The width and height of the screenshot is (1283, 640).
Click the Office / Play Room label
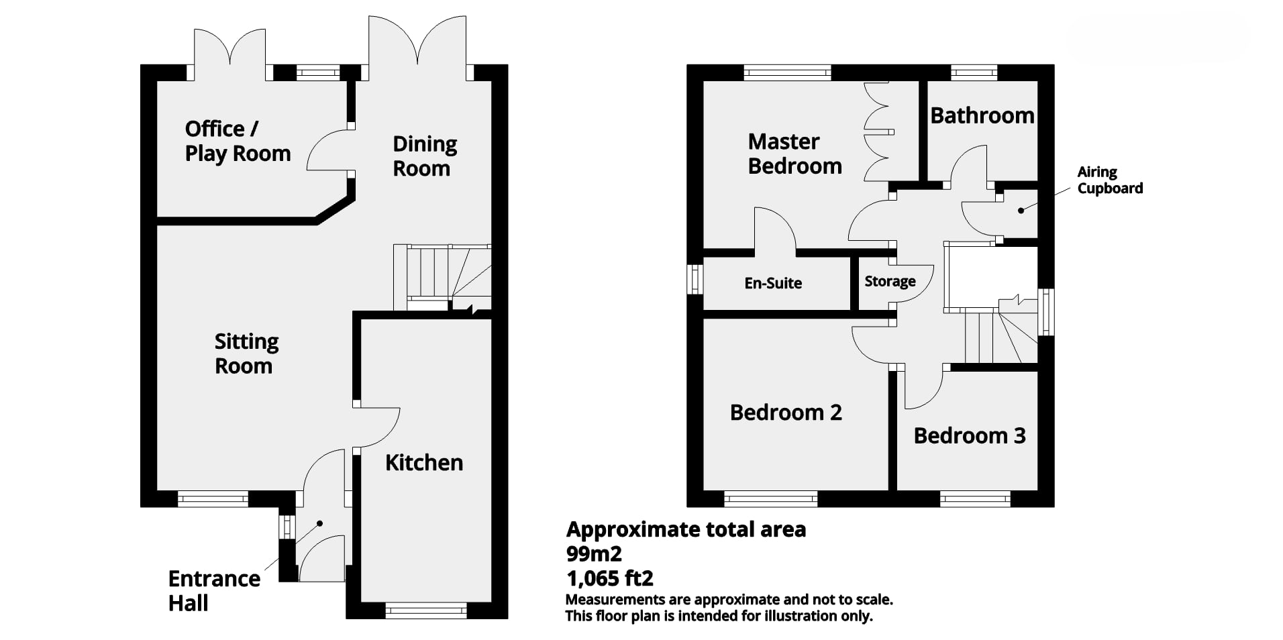tap(238, 141)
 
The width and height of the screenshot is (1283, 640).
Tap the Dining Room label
tap(424, 156)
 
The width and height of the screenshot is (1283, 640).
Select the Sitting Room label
tap(246, 354)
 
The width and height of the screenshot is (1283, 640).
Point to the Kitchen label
tap(424, 462)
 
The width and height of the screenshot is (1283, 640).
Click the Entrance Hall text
tap(214, 590)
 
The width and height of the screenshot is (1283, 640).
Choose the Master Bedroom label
tap(794, 154)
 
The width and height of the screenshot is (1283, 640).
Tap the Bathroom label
tap(982, 115)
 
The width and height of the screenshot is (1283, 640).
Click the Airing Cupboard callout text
tap(1110, 180)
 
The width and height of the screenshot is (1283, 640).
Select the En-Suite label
tap(773, 283)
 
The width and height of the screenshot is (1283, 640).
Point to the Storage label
tap(890, 281)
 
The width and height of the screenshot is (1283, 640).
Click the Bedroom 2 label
tap(786, 412)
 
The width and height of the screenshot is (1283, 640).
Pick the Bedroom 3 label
tap(970, 435)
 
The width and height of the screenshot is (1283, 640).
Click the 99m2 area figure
tap(594, 554)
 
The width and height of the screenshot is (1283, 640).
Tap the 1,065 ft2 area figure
tap(610, 578)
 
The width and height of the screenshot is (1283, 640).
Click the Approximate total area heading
tap(686, 530)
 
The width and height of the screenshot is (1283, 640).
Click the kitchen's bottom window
tap(426, 610)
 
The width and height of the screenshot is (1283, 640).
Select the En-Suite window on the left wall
tap(695, 279)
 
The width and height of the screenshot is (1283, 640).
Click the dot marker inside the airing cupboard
tap(1021, 211)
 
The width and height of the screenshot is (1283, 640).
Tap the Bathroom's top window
tap(974, 72)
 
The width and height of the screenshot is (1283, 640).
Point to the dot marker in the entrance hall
tap(320, 523)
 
